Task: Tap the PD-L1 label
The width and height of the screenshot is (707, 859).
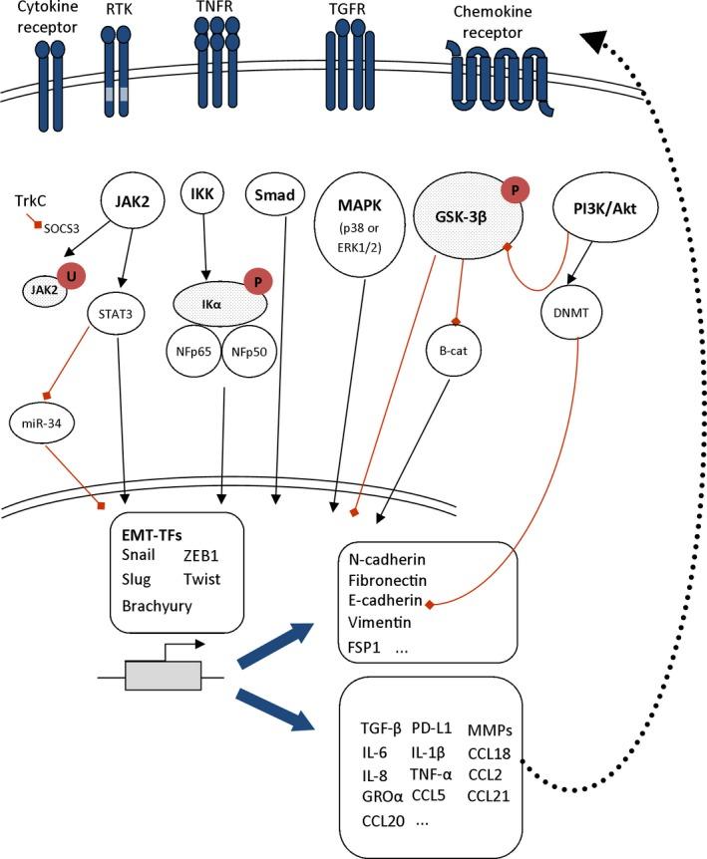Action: coord(432,729)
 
